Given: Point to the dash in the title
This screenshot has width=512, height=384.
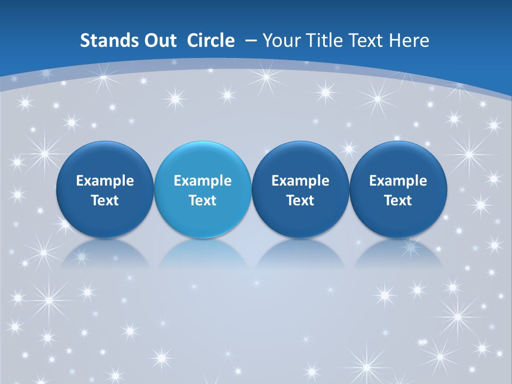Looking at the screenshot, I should click(x=251, y=41).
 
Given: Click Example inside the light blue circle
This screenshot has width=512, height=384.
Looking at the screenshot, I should click(x=203, y=181).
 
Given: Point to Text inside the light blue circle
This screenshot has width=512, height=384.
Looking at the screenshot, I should click(x=203, y=201).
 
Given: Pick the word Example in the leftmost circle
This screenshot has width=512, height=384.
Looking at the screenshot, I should click(x=105, y=181).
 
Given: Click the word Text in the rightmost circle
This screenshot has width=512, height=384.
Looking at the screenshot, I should click(x=398, y=201).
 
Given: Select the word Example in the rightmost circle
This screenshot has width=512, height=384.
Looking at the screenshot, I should click(x=398, y=181).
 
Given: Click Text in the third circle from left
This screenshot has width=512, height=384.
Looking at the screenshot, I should click(x=300, y=201).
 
